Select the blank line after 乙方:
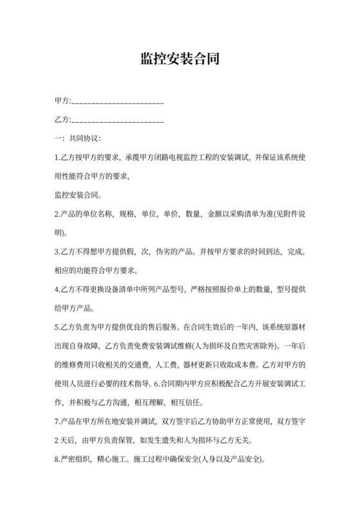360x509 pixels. click(117, 121)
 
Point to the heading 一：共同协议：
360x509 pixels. click(76, 138)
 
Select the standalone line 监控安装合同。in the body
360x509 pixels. click(80, 193)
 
